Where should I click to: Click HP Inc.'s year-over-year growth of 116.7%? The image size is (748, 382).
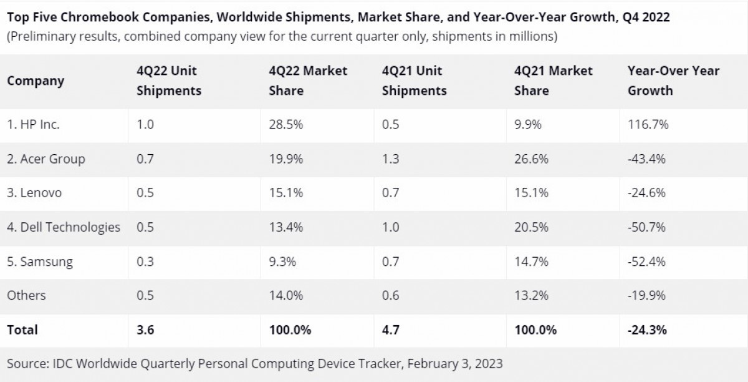(x=648, y=125)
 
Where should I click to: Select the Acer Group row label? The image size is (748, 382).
(x=46, y=159)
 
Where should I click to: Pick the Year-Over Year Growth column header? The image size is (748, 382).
(x=673, y=81)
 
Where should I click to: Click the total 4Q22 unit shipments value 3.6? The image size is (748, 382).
(x=145, y=330)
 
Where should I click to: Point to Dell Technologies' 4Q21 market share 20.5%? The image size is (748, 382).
(x=531, y=227)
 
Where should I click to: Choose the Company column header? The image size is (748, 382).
(x=36, y=81)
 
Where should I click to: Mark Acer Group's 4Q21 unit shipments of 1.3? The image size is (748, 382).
(x=390, y=159)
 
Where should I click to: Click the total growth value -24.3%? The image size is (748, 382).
(x=647, y=330)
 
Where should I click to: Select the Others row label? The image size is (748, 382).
(x=26, y=295)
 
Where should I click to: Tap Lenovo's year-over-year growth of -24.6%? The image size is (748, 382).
(x=646, y=193)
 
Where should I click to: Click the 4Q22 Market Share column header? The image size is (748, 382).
(x=308, y=81)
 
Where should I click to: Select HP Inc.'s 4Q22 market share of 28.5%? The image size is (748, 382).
(x=285, y=125)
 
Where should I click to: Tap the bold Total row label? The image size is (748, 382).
(x=22, y=330)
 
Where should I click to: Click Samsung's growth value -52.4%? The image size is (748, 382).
(x=646, y=262)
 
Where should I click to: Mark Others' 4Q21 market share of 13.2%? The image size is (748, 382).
(x=531, y=295)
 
